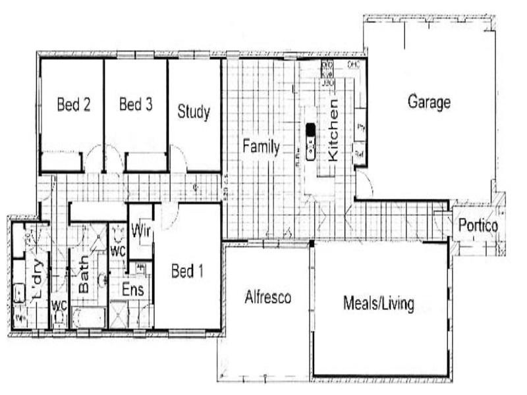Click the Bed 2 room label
[x=73, y=105]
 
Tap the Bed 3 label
[x=136, y=105]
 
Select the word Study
[x=194, y=112]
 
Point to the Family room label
[x=261, y=147]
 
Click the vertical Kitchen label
[x=333, y=130]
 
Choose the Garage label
[x=429, y=102]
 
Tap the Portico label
[x=478, y=226]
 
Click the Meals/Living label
[x=379, y=303]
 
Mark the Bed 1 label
[x=186, y=271]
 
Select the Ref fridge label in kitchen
[x=360, y=153]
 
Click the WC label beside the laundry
[x=59, y=305]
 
